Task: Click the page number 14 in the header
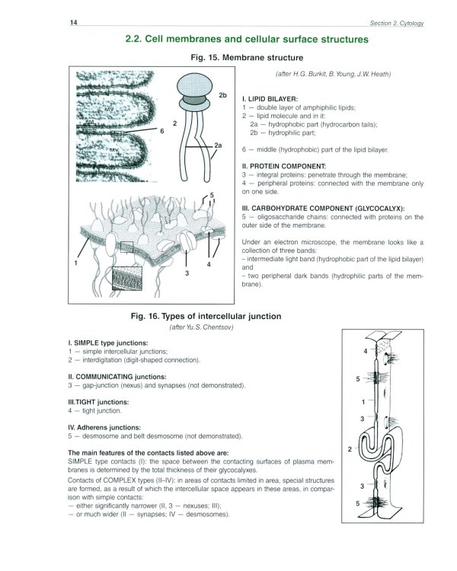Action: tap(73, 24)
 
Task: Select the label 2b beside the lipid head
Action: tap(222, 95)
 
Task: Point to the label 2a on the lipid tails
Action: tap(219, 145)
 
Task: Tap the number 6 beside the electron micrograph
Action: tap(162, 131)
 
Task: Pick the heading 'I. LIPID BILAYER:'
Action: tap(269, 99)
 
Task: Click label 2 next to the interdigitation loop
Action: tap(349, 450)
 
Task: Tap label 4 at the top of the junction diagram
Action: tap(366, 351)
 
